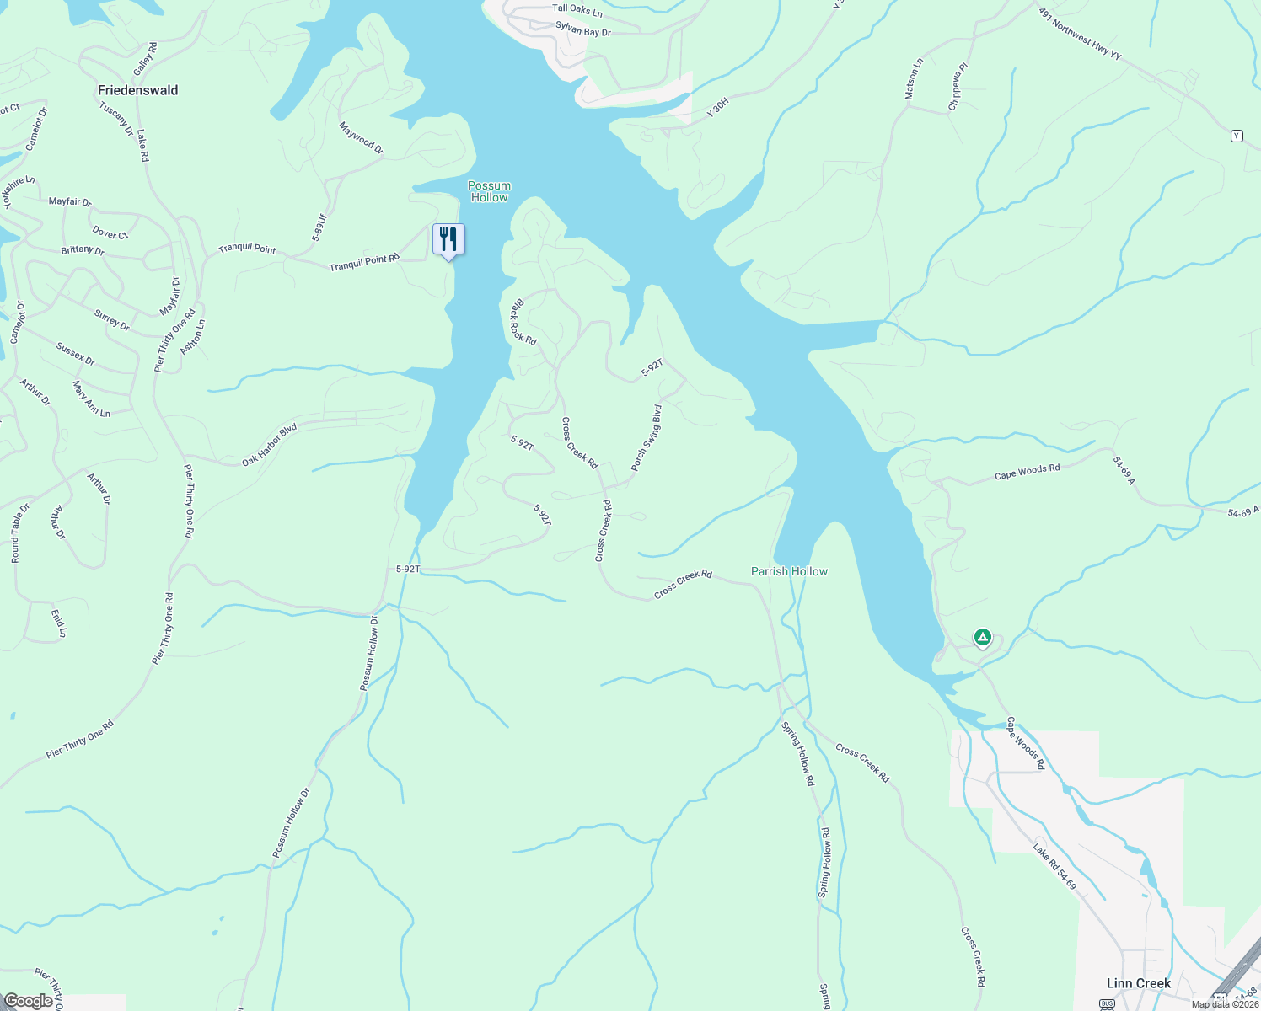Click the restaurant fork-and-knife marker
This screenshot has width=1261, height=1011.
pyautogui.click(x=448, y=239)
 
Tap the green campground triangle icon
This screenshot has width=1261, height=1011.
pyautogui.click(x=982, y=638)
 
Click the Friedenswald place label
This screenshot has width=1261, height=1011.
pyautogui.click(x=138, y=90)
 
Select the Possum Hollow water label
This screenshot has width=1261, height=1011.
pyautogui.click(x=490, y=191)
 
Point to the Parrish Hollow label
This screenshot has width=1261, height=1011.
pyautogui.click(x=789, y=571)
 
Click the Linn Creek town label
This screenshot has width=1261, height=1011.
pyautogui.click(x=1138, y=983)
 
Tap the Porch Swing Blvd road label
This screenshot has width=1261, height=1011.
pyautogui.click(x=647, y=438)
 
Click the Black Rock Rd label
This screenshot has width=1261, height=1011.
pyautogui.click(x=523, y=322)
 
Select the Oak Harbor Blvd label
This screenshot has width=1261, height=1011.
pyautogui.click(x=270, y=445)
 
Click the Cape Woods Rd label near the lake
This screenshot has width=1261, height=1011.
pyautogui.click(x=1027, y=472)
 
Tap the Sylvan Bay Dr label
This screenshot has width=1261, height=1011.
pyautogui.click(x=583, y=29)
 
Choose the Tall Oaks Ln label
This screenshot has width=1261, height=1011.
pyautogui.click(x=577, y=9)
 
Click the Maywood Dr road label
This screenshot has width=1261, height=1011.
pyautogui.click(x=362, y=138)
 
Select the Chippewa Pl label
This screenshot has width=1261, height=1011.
pyautogui.click(x=958, y=86)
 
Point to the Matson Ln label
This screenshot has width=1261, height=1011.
pyautogui.click(x=914, y=79)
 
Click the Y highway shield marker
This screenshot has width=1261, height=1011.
pyautogui.click(x=1237, y=136)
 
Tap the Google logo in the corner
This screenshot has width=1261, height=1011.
pyautogui.click(x=29, y=1001)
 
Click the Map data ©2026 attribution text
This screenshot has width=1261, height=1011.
pyautogui.click(x=1224, y=1004)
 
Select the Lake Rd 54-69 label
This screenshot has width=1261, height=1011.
pyautogui.click(x=1055, y=865)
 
